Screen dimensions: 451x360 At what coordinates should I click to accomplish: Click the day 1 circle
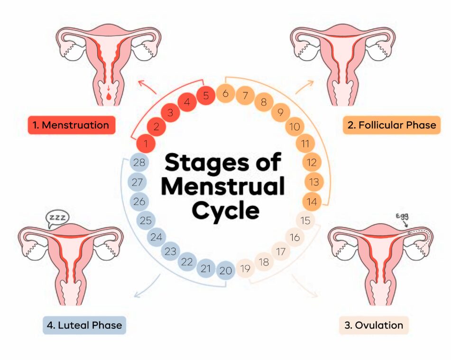(146, 143)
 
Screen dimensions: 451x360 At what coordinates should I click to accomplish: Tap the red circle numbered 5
(206, 95)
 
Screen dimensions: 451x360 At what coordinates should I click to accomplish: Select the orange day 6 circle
(225, 93)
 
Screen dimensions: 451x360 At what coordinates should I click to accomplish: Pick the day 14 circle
(312, 202)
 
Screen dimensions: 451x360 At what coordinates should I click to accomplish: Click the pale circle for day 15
(305, 221)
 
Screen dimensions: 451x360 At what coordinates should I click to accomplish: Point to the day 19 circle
(245, 268)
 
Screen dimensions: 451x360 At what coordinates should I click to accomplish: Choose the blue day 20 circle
(226, 270)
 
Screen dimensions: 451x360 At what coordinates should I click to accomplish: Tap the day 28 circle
(139, 163)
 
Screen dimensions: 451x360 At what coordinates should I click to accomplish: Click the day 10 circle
(295, 127)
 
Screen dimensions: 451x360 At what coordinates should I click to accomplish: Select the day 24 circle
(156, 237)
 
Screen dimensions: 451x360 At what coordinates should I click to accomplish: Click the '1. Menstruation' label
(71, 125)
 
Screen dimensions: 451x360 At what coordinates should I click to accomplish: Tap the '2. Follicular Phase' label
(391, 125)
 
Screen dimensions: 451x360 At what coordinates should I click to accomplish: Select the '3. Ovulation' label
(374, 325)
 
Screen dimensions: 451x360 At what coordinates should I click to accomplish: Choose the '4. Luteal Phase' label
(84, 325)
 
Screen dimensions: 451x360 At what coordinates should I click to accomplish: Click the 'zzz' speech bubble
(58, 218)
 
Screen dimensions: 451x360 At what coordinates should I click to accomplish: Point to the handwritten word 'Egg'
(402, 216)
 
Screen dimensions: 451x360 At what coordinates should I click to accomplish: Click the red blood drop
(109, 96)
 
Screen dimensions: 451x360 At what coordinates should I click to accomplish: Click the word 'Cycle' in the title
(226, 211)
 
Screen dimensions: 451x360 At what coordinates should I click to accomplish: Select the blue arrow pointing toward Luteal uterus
(147, 286)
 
